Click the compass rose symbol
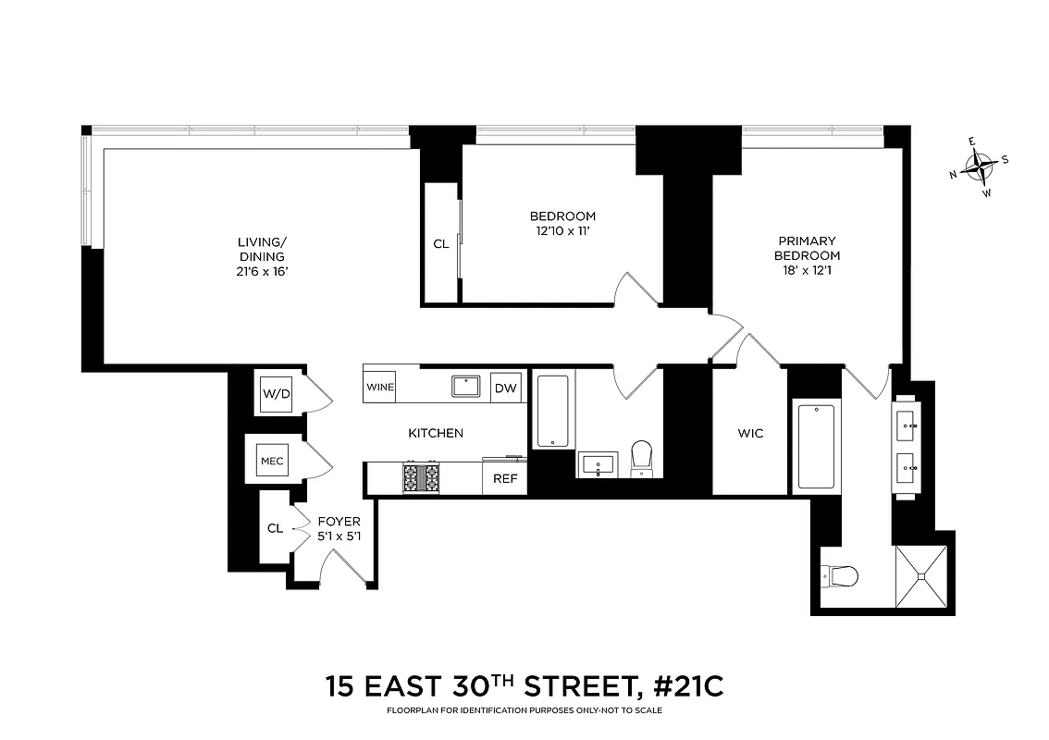point(978,167)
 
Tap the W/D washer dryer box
point(277,394)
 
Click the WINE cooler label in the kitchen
point(379,387)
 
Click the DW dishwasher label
point(505,388)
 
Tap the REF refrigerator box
point(504,479)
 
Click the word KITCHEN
point(436,433)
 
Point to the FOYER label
point(339,522)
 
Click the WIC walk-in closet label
point(750,433)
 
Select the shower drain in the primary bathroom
point(921,576)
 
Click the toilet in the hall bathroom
point(642,459)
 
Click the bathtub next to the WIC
point(815,446)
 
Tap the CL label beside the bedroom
point(441,244)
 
